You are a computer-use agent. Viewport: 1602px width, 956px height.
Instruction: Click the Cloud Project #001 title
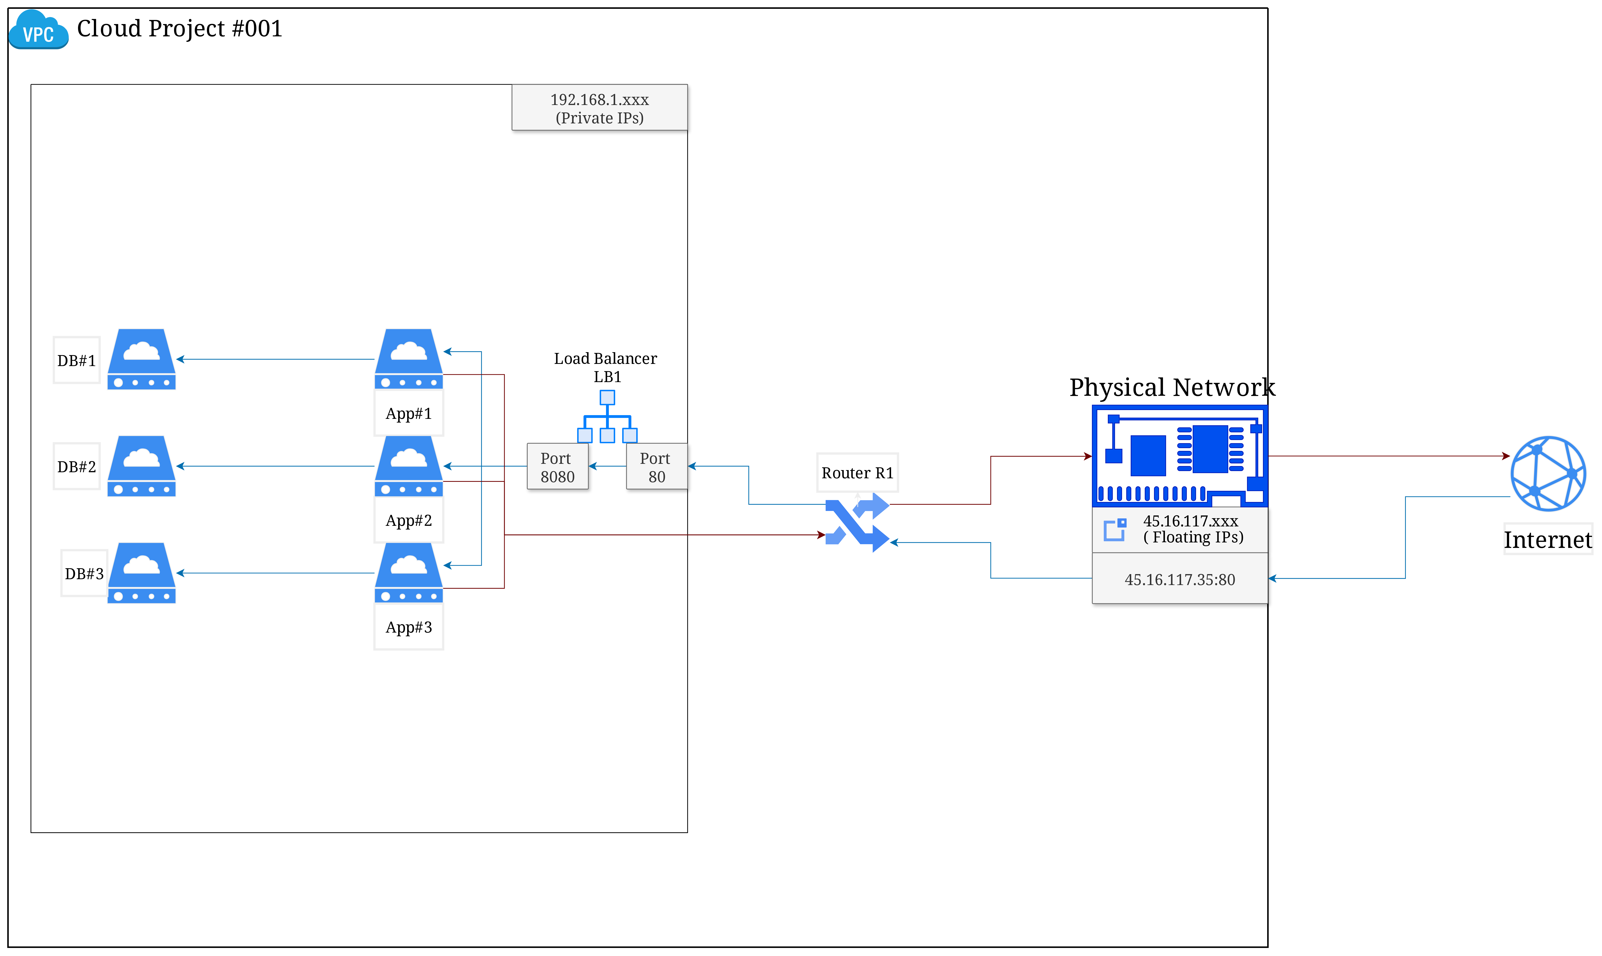[x=179, y=28]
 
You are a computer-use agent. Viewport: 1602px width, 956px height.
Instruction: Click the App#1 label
[x=408, y=414]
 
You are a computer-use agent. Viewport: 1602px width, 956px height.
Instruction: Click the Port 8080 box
[x=557, y=467]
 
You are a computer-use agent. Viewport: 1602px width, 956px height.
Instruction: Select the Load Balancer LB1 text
[x=605, y=367]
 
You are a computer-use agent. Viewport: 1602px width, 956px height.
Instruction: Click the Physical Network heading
[x=1172, y=387]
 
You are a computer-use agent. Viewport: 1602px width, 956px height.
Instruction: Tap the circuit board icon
[x=1179, y=456]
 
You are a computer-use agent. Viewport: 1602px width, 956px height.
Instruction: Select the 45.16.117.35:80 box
[x=1179, y=579]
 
